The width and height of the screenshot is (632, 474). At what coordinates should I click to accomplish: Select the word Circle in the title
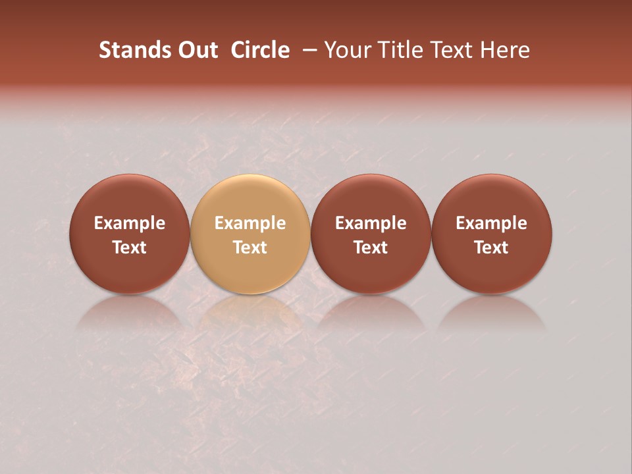click(260, 50)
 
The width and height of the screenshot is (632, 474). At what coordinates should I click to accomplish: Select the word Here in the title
click(504, 50)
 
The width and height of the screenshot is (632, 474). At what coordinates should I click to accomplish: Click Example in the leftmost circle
click(129, 223)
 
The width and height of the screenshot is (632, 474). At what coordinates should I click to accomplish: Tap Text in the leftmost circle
click(129, 248)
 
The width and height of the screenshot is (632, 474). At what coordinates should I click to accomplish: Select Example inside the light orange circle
click(250, 223)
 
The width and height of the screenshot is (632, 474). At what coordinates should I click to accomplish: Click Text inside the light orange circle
click(250, 248)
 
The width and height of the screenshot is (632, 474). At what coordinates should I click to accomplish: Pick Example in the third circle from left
click(371, 223)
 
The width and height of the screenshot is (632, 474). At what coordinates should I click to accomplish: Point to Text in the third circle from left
click(371, 248)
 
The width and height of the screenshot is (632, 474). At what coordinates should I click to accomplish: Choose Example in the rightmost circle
click(491, 223)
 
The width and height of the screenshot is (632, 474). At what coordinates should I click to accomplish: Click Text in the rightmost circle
click(491, 248)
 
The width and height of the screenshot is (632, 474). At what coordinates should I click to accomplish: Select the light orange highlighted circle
click(250, 197)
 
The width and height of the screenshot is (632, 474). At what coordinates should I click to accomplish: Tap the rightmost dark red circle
click(491, 197)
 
